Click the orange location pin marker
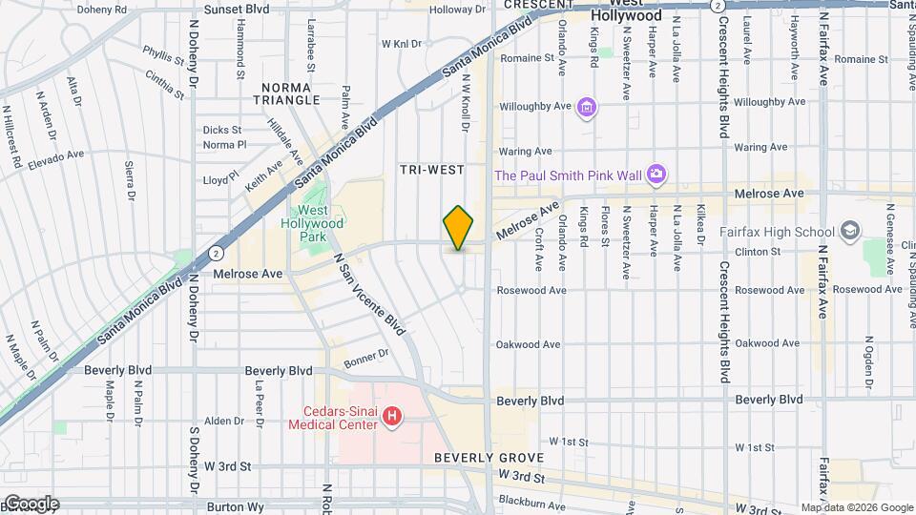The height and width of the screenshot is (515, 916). point(458,228)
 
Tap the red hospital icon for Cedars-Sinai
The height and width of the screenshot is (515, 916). point(390,417)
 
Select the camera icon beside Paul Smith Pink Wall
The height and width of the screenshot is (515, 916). point(656,174)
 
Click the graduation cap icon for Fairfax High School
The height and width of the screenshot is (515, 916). point(849,231)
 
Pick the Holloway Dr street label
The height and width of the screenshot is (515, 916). point(458,10)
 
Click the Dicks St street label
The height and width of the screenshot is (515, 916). point(221,130)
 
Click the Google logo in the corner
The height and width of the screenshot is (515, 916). point(30,503)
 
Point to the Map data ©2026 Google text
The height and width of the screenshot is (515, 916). point(856,507)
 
